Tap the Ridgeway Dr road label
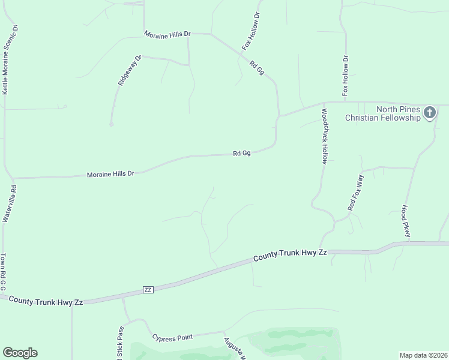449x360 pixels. tap(129, 71)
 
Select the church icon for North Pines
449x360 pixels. tap(429, 112)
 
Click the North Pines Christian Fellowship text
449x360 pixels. tap(382, 113)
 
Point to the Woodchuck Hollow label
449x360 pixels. tap(324, 136)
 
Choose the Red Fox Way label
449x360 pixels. tap(356, 192)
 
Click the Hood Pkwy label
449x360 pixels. tap(406, 221)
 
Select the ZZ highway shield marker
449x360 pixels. tap(148, 289)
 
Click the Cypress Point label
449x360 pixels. tap(172, 337)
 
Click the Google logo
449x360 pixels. tap(20, 353)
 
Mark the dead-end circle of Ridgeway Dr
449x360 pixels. tap(112, 124)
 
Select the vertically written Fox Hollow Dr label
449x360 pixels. tap(346, 76)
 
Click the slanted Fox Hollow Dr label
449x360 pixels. tap(250, 31)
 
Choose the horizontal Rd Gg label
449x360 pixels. tap(241, 154)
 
